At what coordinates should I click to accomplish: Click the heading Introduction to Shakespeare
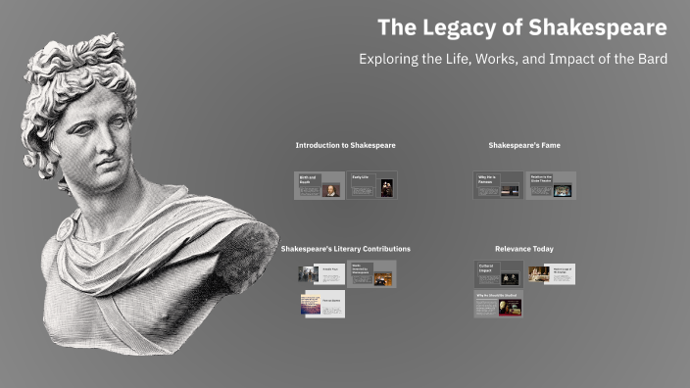pyautogui.click(x=345, y=145)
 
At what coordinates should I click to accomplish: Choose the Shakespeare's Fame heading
pyautogui.click(x=524, y=145)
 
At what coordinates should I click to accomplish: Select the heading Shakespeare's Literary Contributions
pyautogui.click(x=345, y=249)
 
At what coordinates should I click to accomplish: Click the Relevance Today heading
pyautogui.click(x=524, y=249)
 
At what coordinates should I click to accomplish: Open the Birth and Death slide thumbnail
pyautogui.click(x=320, y=186)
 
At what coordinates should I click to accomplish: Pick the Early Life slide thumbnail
pyautogui.click(x=372, y=186)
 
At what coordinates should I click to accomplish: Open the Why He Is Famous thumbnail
pyautogui.click(x=499, y=186)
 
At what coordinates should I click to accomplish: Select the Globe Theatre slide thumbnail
pyautogui.click(x=551, y=186)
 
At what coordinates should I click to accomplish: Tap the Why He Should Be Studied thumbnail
pyautogui.click(x=498, y=304)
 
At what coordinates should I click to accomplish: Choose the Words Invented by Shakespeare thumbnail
pyautogui.click(x=372, y=274)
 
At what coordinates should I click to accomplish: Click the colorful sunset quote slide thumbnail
pyautogui.click(x=322, y=305)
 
